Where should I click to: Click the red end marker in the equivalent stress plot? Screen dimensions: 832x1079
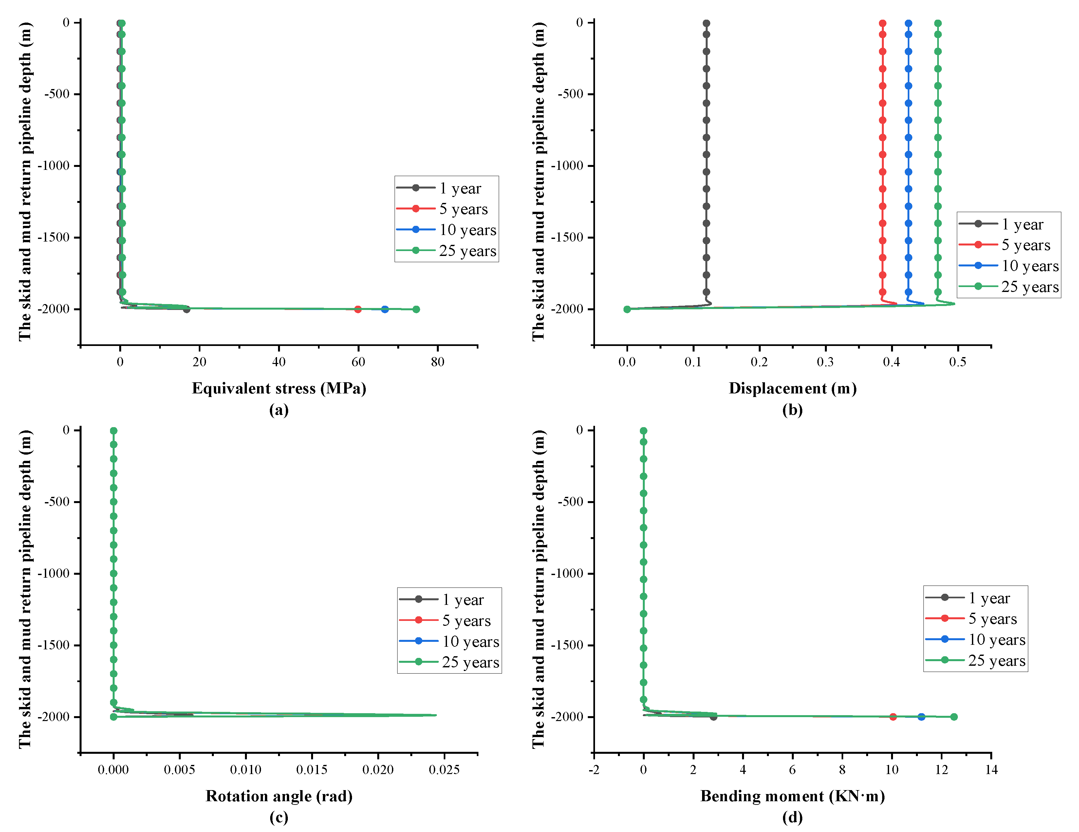(x=358, y=309)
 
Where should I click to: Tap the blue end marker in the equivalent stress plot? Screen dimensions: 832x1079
(x=385, y=309)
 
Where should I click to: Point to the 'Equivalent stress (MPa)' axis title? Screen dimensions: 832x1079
(x=279, y=388)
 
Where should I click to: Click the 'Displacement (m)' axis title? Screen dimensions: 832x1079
(x=792, y=388)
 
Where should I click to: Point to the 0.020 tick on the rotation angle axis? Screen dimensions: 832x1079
(x=378, y=769)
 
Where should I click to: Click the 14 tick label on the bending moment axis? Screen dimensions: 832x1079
(x=991, y=769)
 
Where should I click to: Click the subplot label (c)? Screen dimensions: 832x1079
(x=279, y=817)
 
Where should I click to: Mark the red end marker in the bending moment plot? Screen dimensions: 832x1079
(x=893, y=716)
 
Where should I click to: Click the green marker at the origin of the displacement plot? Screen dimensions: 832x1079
(x=627, y=309)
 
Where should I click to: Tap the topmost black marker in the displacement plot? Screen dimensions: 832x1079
(x=706, y=23)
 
